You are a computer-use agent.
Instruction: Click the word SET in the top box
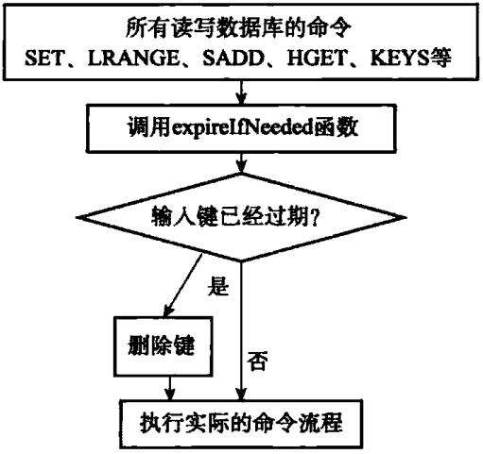(44, 59)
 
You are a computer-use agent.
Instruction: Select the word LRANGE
(133, 59)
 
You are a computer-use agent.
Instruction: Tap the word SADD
(233, 59)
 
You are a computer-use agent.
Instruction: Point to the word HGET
(317, 59)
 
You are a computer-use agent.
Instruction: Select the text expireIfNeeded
(243, 128)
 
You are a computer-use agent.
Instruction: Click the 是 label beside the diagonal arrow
(217, 286)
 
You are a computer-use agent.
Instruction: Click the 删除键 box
(163, 346)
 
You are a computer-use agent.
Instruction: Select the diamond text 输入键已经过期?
(235, 218)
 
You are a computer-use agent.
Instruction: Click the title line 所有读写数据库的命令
(238, 28)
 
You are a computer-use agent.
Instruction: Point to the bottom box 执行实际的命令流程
(241, 424)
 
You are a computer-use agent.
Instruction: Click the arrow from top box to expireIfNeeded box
(241, 92)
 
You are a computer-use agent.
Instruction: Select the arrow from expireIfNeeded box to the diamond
(241, 162)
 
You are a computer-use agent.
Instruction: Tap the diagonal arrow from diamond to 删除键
(183, 285)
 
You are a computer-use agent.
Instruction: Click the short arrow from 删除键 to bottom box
(170, 388)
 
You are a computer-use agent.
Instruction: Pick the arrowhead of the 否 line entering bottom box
(241, 394)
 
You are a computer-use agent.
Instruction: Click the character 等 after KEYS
(440, 58)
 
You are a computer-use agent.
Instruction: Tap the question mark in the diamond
(314, 218)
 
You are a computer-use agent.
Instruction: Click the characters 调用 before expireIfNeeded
(148, 128)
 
